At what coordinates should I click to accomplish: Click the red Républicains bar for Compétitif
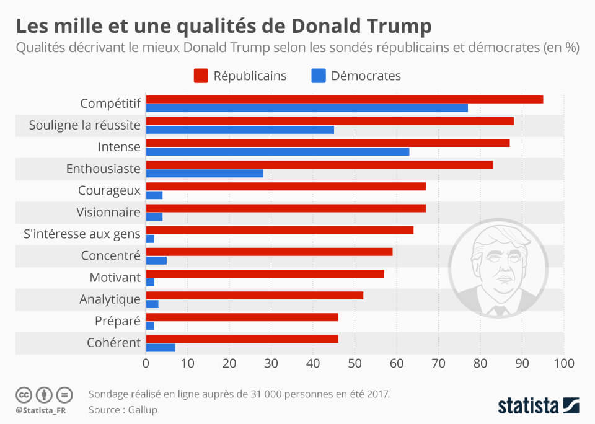coord(344,99)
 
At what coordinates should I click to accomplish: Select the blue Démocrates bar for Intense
coord(277,151)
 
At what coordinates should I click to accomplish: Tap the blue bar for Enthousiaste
coord(204,173)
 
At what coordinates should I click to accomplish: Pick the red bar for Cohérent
coord(242,338)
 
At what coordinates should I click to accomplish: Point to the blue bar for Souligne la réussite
coord(240,130)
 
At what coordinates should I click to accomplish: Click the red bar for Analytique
coord(254,295)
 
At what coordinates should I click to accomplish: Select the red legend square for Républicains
coord(200,76)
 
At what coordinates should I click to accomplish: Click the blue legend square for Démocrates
coord(317,76)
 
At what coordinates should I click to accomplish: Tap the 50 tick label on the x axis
coord(355,363)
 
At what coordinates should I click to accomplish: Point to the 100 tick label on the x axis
coord(563,363)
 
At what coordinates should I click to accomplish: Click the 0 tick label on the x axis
coord(146,363)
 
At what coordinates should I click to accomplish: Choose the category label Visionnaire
coord(108,212)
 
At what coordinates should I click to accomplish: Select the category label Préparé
coord(118,321)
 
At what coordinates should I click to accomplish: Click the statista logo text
coord(527,406)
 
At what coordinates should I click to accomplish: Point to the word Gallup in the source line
coord(142,409)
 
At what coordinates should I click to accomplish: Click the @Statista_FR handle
coord(41,410)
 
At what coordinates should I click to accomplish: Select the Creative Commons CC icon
coord(24,395)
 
